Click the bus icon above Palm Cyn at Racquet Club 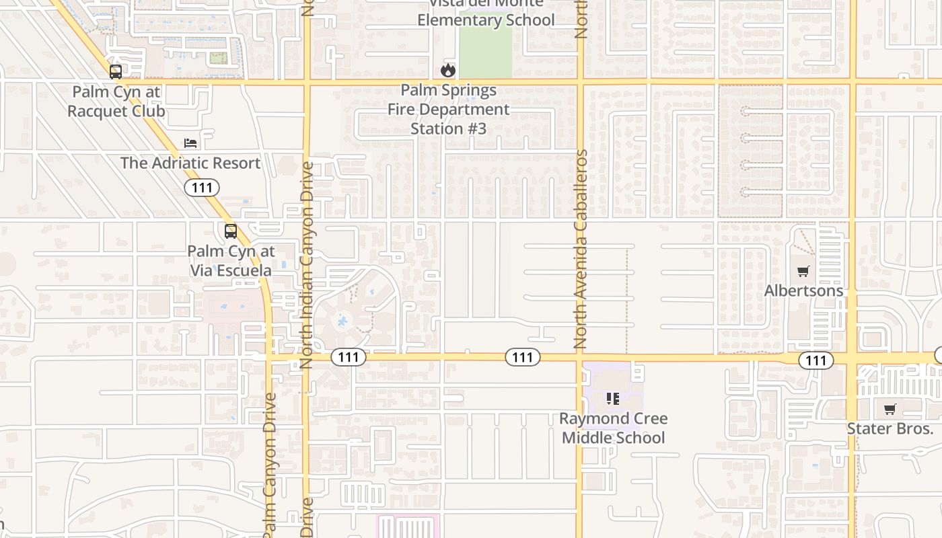tap(116, 71)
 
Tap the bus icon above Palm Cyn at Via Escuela tap(231, 231)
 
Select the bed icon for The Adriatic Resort tap(190, 143)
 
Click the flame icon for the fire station tap(448, 70)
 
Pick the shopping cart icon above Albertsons tap(803, 272)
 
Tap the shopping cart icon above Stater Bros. tap(890, 409)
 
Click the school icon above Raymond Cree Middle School tap(613, 399)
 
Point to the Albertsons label tap(803, 291)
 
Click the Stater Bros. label tap(890, 428)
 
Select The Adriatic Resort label tap(190, 163)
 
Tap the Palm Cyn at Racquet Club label tap(116, 101)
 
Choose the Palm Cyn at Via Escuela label tap(231, 261)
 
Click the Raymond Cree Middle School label tap(614, 428)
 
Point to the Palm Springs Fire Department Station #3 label tap(449, 109)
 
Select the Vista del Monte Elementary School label tap(486, 13)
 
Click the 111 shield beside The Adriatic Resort tap(202, 188)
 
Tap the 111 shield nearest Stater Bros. tap(816, 360)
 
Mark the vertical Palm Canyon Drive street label tap(270, 464)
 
